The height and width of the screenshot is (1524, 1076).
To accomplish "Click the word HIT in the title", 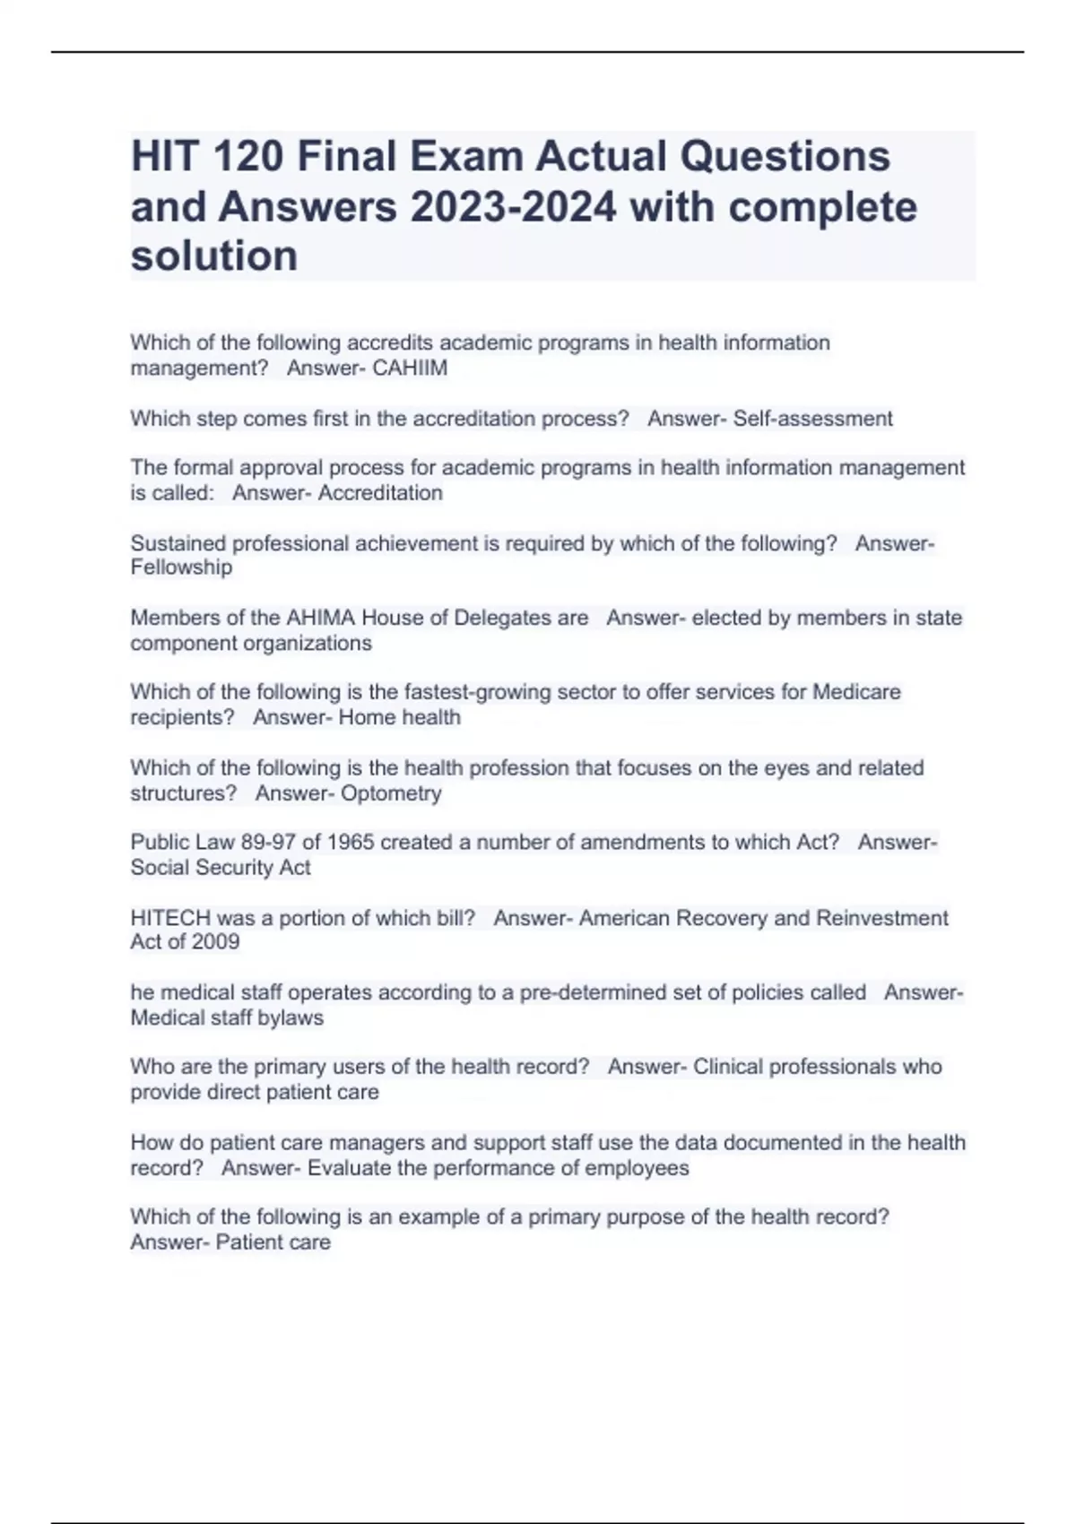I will (x=166, y=157).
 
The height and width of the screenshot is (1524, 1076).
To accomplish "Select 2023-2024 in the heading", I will (x=513, y=207).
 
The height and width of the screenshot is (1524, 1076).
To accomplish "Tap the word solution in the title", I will (x=213, y=256).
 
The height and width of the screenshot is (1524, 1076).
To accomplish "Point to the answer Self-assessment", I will (x=812, y=419).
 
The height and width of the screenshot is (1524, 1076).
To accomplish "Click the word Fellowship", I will (x=181, y=567).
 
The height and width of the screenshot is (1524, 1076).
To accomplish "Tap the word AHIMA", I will (x=320, y=618).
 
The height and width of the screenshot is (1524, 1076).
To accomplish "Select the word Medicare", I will (x=856, y=692).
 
